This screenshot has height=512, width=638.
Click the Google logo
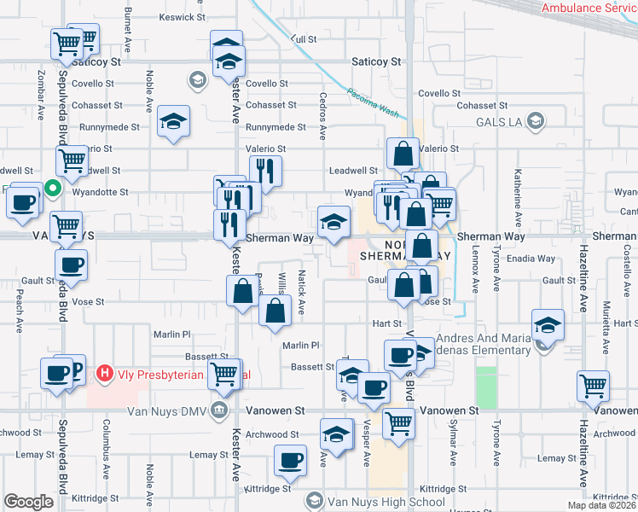point(28,502)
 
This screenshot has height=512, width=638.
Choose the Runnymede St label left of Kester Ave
point(109,126)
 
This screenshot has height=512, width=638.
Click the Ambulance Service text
point(589,8)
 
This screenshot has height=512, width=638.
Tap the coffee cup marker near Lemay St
point(290,462)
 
